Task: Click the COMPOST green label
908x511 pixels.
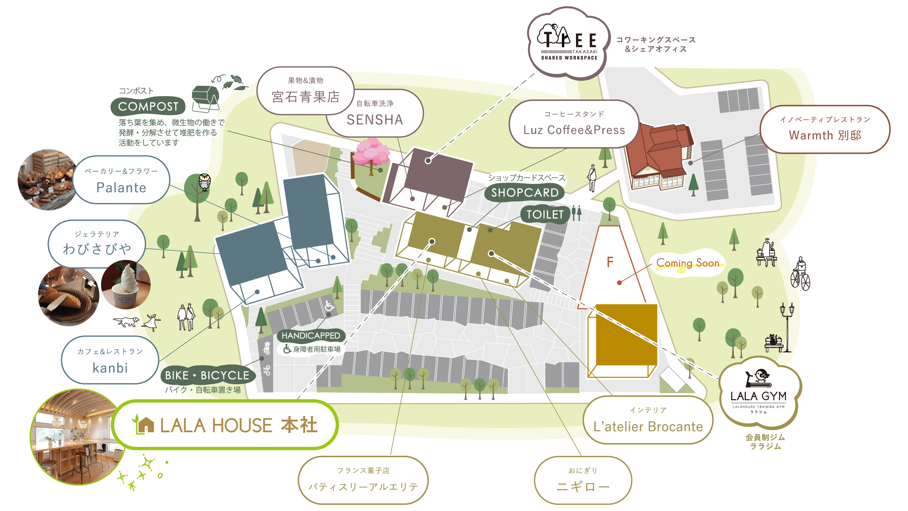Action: [148, 106]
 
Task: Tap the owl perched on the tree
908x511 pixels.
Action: [204, 182]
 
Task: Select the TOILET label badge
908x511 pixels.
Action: [545, 214]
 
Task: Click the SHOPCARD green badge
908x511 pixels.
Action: [524, 192]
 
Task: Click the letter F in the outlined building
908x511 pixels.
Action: [610, 262]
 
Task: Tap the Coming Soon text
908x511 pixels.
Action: [687, 263]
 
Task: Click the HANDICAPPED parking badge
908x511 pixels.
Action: [310, 335]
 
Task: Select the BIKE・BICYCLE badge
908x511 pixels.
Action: [207, 375]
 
